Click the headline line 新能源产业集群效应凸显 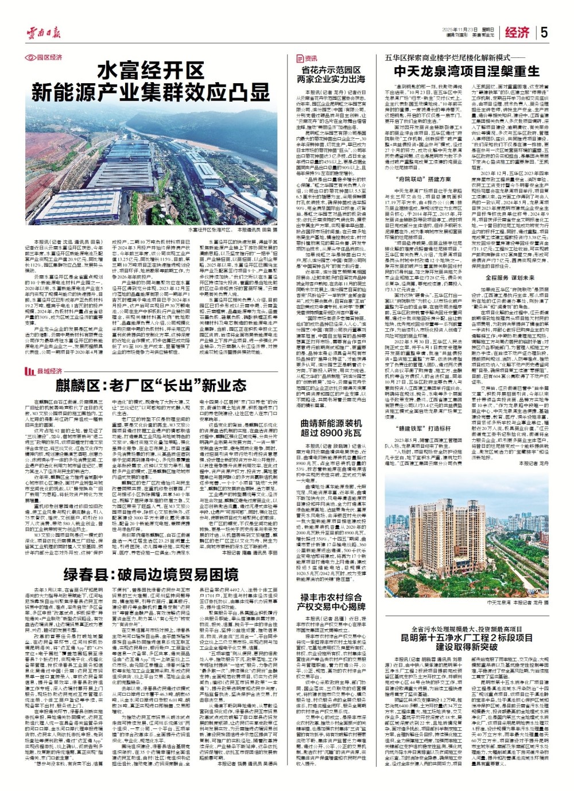coord(151,92)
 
